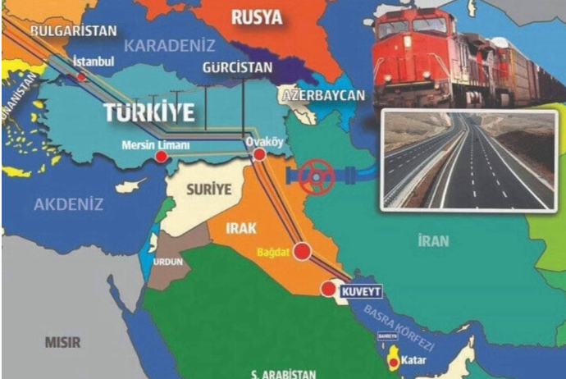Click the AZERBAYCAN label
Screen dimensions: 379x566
point(324,95)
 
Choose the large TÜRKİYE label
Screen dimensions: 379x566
point(149,112)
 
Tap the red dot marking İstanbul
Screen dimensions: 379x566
point(82,77)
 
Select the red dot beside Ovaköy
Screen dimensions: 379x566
point(260,154)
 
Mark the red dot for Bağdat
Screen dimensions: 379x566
point(303,251)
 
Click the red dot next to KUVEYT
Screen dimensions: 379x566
point(328,288)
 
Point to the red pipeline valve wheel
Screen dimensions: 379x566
point(315,176)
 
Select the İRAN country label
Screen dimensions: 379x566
point(434,240)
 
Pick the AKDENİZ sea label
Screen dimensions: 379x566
point(68,204)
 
